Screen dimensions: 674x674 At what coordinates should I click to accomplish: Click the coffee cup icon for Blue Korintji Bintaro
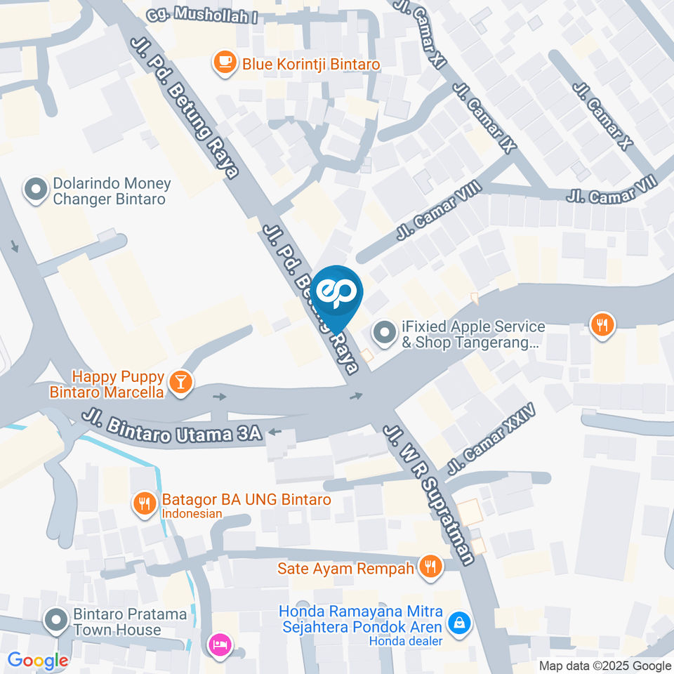tap(225, 62)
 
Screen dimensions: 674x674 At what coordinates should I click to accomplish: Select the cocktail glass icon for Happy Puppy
tap(182, 382)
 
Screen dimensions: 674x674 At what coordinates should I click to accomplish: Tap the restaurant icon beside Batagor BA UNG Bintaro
tap(145, 503)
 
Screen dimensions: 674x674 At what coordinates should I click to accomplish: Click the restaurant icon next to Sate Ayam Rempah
tap(430, 567)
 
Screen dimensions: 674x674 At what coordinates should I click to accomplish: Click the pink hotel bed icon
tap(218, 644)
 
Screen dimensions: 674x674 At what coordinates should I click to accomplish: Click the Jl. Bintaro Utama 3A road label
tap(172, 428)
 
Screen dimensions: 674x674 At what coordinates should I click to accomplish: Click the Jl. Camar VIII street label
tap(438, 209)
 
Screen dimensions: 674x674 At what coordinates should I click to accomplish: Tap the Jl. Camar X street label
tap(603, 116)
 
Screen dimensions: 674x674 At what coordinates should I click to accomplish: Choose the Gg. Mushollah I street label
tap(201, 15)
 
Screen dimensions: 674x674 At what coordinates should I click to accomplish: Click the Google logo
tap(38, 660)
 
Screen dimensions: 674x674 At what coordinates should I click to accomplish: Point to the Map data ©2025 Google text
tap(604, 666)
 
